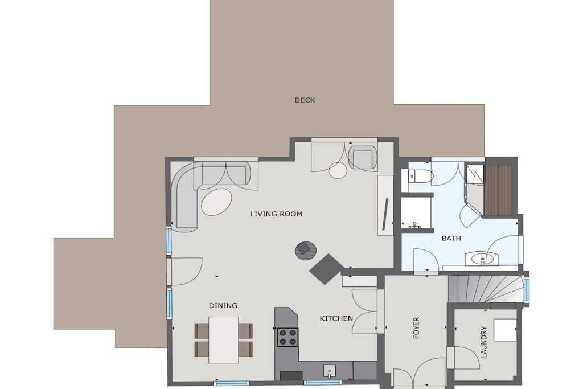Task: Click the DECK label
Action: pyautogui.click(x=305, y=100)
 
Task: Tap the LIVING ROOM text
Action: pyautogui.click(x=276, y=214)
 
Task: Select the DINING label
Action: pyautogui.click(x=223, y=305)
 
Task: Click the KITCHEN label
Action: pyautogui.click(x=336, y=318)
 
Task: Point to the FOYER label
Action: pyautogui.click(x=416, y=327)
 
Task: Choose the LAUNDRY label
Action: pyautogui.click(x=484, y=342)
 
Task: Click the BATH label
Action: pyautogui.click(x=451, y=238)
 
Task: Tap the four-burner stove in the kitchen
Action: pyautogui.click(x=288, y=337)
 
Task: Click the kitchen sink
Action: pyautogui.click(x=330, y=371)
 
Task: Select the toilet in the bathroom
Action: pyautogui.click(x=421, y=177)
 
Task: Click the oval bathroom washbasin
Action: pyautogui.click(x=482, y=259)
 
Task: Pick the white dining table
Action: pyautogui.click(x=223, y=340)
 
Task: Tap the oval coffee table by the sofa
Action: pyautogui.click(x=217, y=202)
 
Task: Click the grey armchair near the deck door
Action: pyautogui.click(x=363, y=157)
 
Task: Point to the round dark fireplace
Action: pyautogui.click(x=306, y=251)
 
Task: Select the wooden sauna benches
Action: pyautogui.click(x=498, y=190)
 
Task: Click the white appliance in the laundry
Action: pyautogui.click(x=505, y=330)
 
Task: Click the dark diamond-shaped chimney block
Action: pyautogui.click(x=327, y=269)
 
